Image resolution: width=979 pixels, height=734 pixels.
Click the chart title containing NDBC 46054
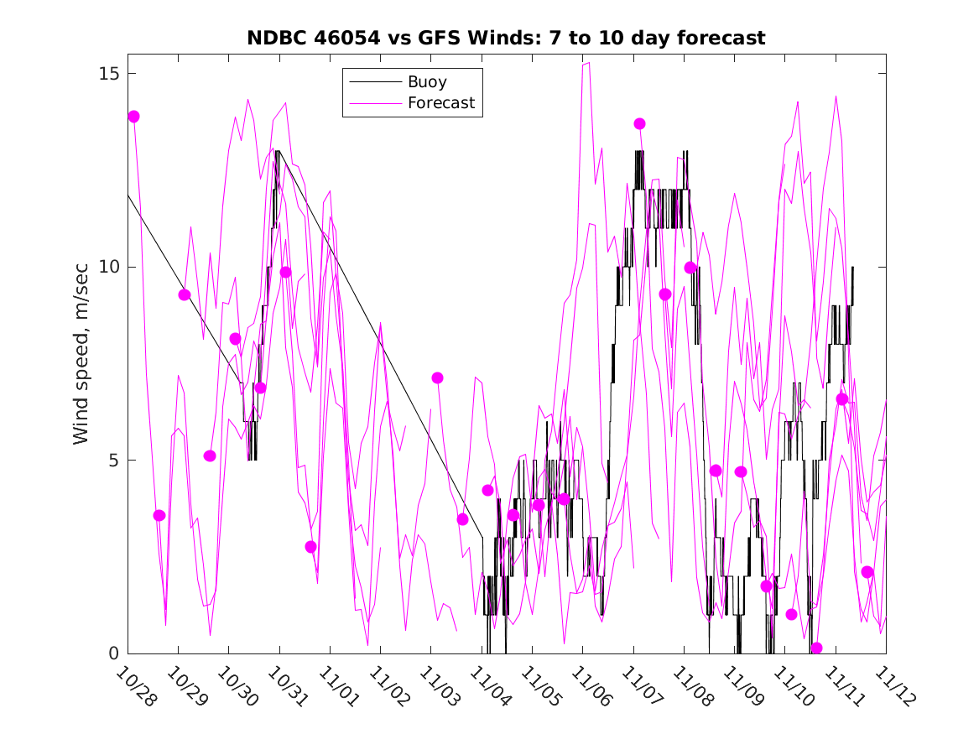coord(506,39)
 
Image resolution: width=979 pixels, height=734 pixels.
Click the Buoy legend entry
coord(427,82)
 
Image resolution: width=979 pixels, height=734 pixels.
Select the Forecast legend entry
coord(441,103)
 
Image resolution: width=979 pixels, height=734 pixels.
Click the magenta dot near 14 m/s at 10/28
coord(133,117)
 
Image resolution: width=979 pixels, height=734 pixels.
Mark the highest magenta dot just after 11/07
coord(639,123)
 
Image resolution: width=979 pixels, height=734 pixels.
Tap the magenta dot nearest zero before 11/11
coord(817,648)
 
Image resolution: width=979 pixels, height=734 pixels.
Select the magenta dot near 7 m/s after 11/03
coord(437,378)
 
